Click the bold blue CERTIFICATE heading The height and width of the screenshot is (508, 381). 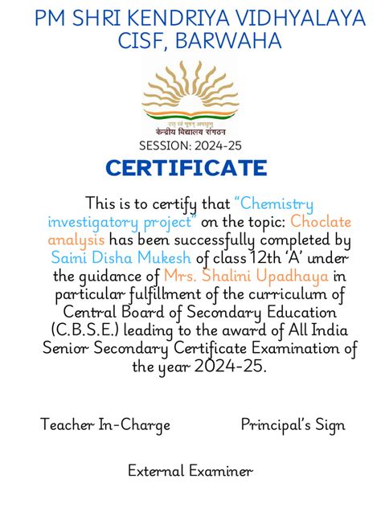[x=186, y=168]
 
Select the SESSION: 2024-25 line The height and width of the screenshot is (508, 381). [x=190, y=145]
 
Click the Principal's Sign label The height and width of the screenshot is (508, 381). [x=293, y=425]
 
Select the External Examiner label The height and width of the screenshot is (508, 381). [x=190, y=471]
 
